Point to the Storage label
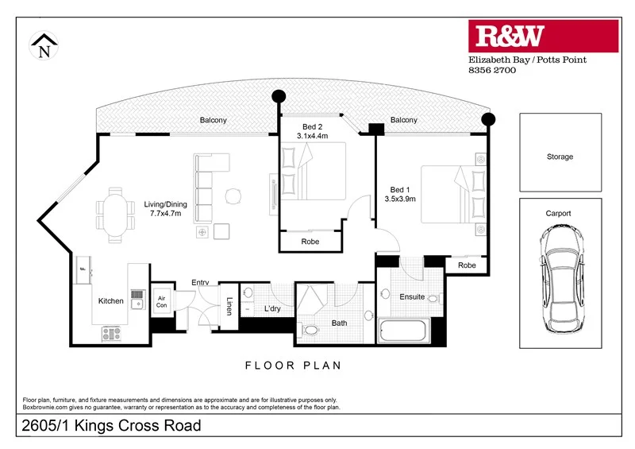point(560,157)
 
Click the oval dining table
point(116,213)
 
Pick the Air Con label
point(162,300)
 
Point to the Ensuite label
point(412,297)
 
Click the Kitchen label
point(110,301)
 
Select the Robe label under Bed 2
point(310,241)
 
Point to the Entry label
point(200,283)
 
